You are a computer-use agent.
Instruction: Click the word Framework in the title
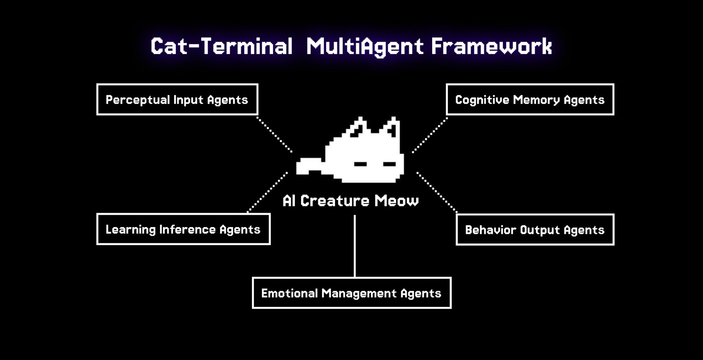(x=491, y=46)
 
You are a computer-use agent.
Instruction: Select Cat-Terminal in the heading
(x=221, y=46)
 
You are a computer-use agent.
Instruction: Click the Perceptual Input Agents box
(x=177, y=99)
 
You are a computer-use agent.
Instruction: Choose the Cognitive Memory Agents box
(x=530, y=99)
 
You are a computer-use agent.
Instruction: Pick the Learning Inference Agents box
(x=183, y=229)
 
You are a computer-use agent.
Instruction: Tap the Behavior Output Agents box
(x=535, y=230)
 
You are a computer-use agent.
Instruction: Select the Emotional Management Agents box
(x=351, y=293)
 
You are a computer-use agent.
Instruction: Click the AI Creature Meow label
(x=350, y=201)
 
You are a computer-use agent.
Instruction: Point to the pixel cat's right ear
(x=392, y=128)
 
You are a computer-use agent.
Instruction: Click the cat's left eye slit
(x=360, y=164)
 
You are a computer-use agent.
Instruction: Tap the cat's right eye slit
(x=389, y=164)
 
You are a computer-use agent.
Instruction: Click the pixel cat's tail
(x=308, y=166)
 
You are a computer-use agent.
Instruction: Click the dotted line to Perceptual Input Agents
(x=274, y=135)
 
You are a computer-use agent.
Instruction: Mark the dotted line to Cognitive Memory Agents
(x=430, y=135)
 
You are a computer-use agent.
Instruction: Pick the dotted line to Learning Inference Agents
(x=268, y=192)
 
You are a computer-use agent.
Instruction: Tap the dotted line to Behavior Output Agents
(x=436, y=192)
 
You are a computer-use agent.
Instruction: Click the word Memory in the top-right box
(x=536, y=99)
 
